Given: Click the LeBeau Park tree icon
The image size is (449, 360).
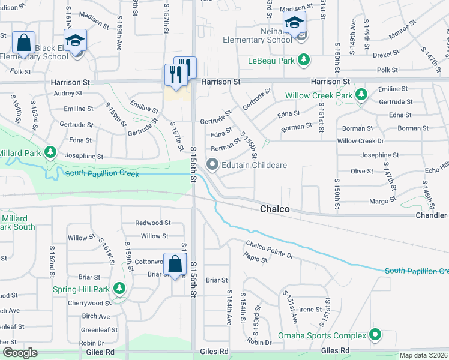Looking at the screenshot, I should (304, 60).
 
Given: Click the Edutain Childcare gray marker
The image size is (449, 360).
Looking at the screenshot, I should (212, 164).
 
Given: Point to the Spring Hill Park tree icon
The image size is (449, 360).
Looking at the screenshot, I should (119, 289).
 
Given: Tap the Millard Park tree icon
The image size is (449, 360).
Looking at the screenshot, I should (52, 152).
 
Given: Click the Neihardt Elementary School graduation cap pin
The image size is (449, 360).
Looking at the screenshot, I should (294, 23).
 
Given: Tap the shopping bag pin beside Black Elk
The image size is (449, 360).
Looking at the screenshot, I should (23, 43).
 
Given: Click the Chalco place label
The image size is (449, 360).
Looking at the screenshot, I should (275, 209).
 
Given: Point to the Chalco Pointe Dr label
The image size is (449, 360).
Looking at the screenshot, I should (269, 248).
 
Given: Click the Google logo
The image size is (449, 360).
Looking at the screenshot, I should (20, 353).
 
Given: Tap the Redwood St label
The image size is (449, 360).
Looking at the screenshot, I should (152, 223).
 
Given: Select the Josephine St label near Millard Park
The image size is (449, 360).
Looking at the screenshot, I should (84, 156).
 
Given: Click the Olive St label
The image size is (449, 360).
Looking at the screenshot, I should (362, 172).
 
